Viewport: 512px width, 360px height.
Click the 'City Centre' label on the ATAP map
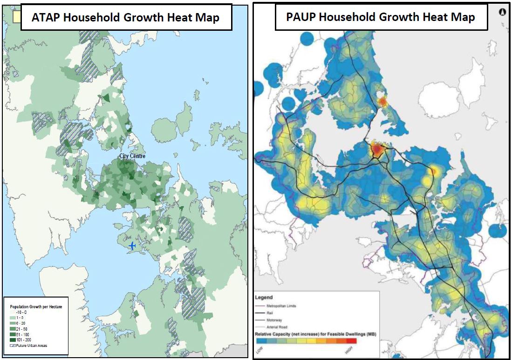tap(132, 156)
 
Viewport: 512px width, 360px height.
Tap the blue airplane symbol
tap(133, 245)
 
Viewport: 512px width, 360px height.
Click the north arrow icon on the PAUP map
tap(503, 12)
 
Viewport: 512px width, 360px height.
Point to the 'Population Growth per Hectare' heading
tap(36, 306)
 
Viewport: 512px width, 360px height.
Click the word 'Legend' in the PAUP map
tap(264, 297)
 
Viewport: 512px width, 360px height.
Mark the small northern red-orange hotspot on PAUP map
tap(382, 101)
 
